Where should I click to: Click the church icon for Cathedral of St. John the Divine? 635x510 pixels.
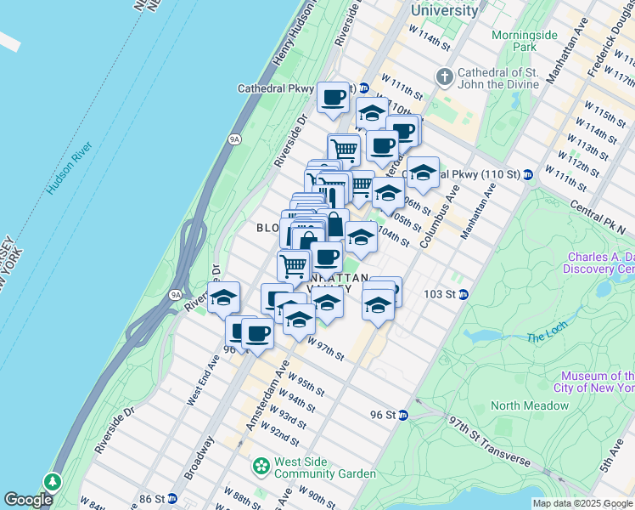tap(443, 78)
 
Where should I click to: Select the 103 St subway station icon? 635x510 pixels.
tap(464, 294)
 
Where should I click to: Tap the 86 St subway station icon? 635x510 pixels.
tap(172, 498)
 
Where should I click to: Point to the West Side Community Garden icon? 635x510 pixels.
tap(261, 467)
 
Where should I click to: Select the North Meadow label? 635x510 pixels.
tap(530, 405)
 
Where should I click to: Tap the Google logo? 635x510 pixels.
tap(28, 500)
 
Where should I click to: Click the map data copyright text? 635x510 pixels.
tap(583, 503)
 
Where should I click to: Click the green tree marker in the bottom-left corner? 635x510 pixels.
tap(53, 482)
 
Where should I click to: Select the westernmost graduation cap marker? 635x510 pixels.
tap(223, 297)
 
